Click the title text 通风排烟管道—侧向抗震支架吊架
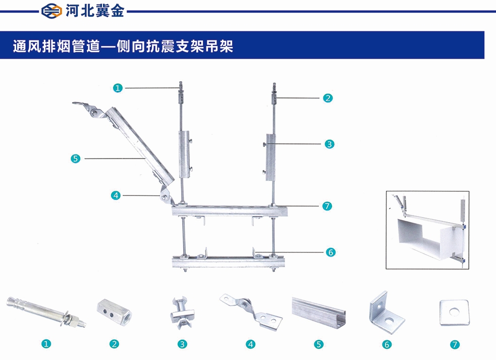point(123,47)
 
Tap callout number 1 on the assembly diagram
point(118,88)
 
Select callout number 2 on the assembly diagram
point(328,98)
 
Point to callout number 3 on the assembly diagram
point(329,144)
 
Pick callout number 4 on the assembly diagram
point(116,194)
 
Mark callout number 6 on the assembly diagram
point(330,251)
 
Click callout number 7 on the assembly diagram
point(327,206)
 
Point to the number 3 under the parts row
point(182,344)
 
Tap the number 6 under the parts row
point(387,345)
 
